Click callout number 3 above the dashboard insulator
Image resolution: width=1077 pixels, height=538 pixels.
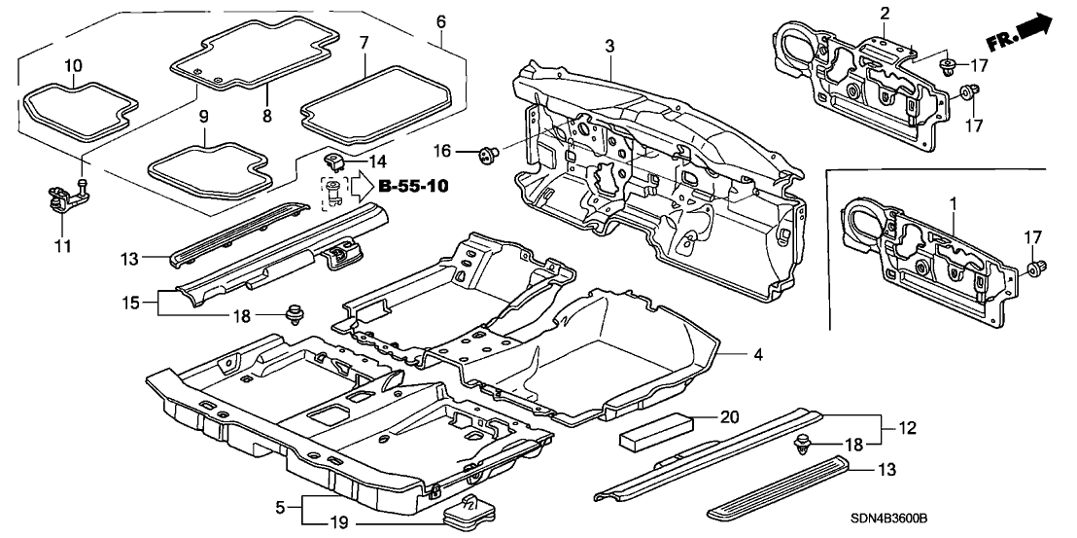609,47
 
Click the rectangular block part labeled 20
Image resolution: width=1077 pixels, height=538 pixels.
656,429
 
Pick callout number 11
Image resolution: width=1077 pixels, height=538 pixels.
62,219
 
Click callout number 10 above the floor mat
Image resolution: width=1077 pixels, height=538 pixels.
74,66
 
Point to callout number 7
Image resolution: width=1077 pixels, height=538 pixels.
364,44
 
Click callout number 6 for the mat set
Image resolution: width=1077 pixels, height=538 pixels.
441,20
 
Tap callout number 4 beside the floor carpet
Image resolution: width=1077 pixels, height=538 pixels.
757,356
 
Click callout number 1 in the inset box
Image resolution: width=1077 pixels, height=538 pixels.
954,204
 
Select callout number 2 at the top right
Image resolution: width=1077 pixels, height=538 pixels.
885,13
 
